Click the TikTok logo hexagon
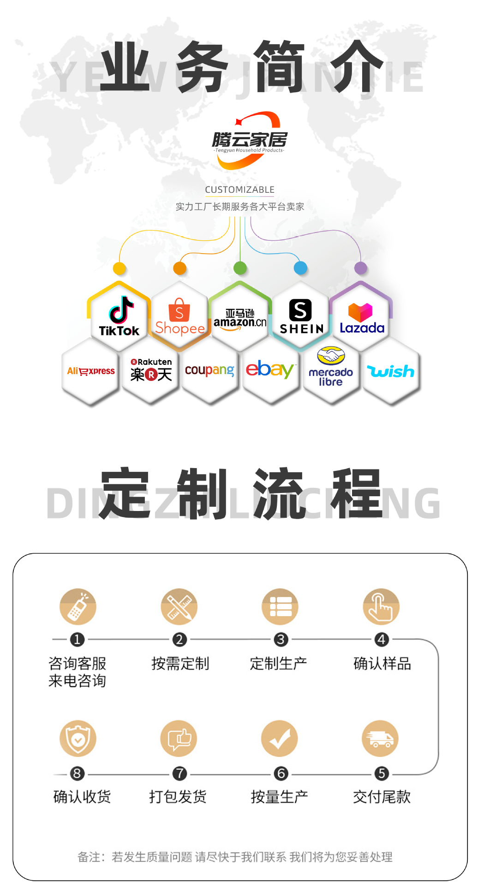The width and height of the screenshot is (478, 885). click(x=119, y=316)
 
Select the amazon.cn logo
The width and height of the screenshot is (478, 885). click(x=240, y=319)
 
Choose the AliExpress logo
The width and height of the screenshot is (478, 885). click(x=91, y=371)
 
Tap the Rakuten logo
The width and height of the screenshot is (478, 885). click(x=151, y=370)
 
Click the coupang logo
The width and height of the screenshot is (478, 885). click(x=210, y=370)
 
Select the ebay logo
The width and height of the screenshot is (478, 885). click(x=270, y=370)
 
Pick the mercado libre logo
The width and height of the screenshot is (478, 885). click(x=331, y=368)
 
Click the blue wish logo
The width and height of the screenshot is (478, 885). click(x=391, y=371)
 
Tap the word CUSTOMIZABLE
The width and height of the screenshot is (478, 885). click(x=239, y=190)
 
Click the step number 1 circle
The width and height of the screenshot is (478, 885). click(x=77, y=639)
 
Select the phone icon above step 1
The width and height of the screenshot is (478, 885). click(x=78, y=607)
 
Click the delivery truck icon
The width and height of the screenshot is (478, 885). click(x=381, y=738)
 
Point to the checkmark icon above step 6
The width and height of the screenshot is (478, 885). click(x=280, y=738)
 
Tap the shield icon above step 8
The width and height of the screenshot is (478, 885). click(x=78, y=738)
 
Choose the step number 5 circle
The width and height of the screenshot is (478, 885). click(x=382, y=773)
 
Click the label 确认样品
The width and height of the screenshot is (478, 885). click(x=382, y=664)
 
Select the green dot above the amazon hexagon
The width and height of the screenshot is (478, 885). click(x=240, y=268)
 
